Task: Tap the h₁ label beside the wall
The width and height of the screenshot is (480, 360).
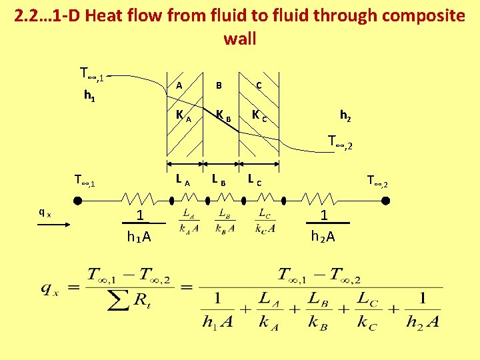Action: coord(88,95)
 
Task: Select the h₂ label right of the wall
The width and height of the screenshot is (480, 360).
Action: coord(346,115)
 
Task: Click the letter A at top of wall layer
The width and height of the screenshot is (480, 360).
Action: coord(179,85)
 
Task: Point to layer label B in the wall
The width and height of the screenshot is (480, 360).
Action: coord(219,85)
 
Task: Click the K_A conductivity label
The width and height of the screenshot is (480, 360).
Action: coord(183,116)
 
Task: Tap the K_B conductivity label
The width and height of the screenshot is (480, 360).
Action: coord(223,116)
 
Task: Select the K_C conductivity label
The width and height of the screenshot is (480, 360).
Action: coord(259,116)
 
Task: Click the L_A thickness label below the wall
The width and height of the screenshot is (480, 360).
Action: coord(183,179)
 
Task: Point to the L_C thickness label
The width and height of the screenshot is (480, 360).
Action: coord(255,179)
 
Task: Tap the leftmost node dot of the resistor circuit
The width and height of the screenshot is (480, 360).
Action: coord(77,199)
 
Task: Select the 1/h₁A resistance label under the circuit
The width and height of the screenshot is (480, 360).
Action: coord(139,226)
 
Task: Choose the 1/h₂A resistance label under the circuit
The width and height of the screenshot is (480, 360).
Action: coord(323,226)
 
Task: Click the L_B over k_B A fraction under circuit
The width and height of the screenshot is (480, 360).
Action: coord(225,221)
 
